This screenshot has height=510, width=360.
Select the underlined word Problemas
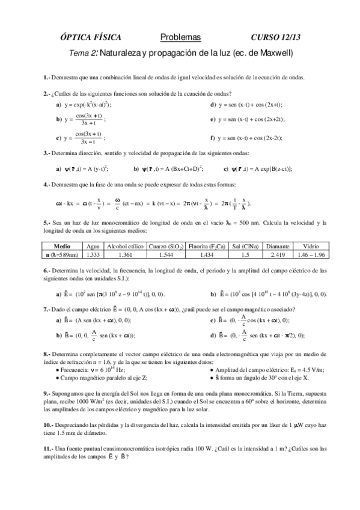click(x=181, y=37)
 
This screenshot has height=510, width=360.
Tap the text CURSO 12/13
click(x=276, y=37)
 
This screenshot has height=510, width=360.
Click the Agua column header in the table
click(x=93, y=247)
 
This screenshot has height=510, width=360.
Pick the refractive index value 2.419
click(x=278, y=255)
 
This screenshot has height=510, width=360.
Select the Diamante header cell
click(x=278, y=247)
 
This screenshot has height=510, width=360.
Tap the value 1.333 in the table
click(x=93, y=255)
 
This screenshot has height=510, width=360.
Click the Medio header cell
click(x=63, y=247)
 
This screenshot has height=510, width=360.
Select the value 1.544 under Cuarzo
click(x=166, y=255)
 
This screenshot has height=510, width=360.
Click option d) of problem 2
click(x=213, y=105)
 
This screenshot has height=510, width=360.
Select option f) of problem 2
click(x=213, y=138)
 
